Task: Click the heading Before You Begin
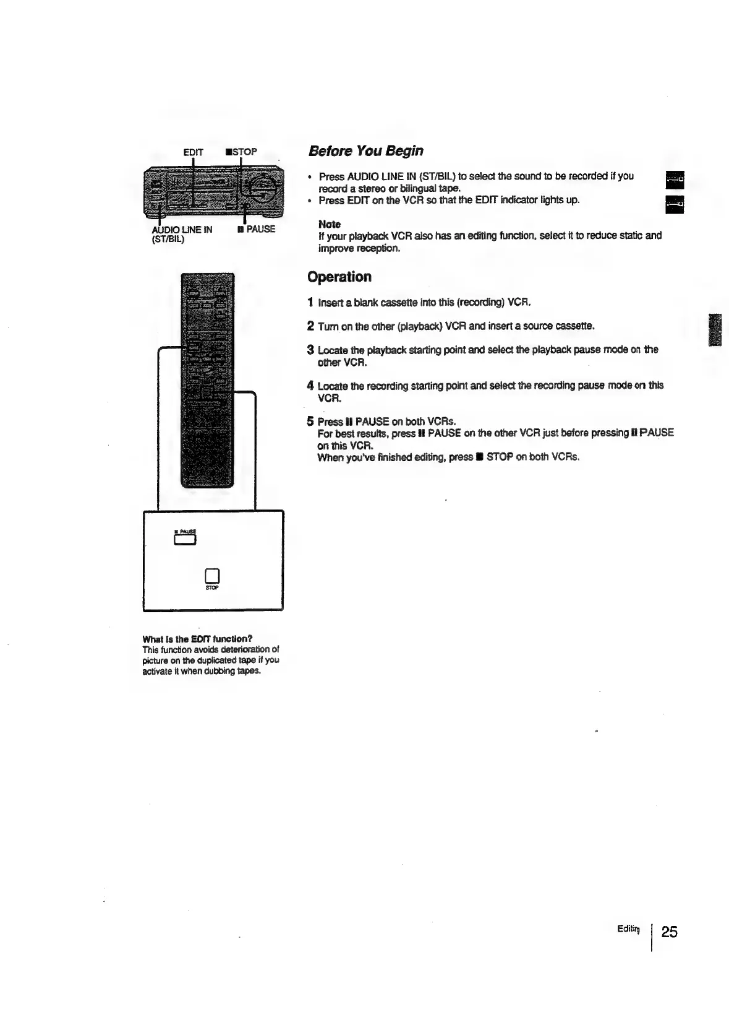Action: coord(365,151)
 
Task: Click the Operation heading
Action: coord(339,277)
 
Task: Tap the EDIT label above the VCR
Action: coord(193,152)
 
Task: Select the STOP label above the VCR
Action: coord(241,152)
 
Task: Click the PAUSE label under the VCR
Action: coord(257,229)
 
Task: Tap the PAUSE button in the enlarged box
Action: coord(185,540)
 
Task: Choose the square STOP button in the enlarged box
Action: coord(212,575)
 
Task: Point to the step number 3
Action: coord(310,350)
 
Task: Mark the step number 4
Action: coord(310,386)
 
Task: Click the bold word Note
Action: coord(329,224)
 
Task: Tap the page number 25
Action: coord(669,932)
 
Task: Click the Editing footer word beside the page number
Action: coord(628,929)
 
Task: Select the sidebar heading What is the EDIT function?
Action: coord(197,639)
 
